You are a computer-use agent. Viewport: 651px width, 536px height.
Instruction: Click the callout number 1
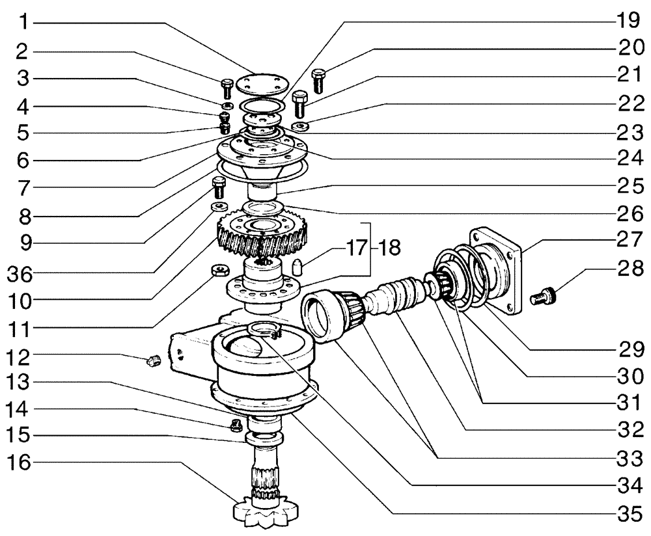(23, 24)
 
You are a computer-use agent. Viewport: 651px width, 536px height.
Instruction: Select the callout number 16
(23, 463)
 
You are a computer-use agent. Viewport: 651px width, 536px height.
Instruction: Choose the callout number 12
(23, 356)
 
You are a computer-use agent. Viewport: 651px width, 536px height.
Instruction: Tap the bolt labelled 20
(318, 80)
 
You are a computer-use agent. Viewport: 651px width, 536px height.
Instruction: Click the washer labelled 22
(300, 126)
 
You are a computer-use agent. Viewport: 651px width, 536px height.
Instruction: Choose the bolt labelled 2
(227, 87)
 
